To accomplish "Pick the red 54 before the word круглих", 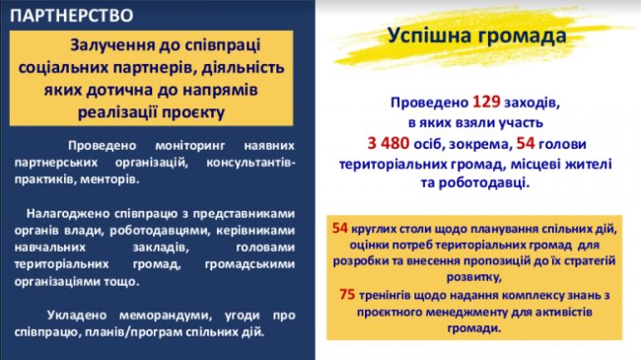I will pos(341,228).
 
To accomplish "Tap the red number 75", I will pos(347,294).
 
